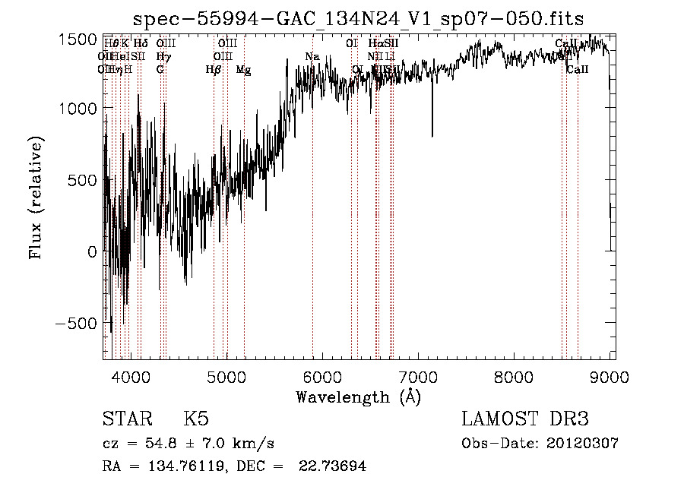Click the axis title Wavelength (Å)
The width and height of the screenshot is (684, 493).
tap(358, 397)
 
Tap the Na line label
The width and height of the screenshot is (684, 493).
tap(312, 57)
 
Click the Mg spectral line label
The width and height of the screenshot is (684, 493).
tap(243, 70)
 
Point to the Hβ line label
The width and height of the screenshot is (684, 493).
tap(214, 70)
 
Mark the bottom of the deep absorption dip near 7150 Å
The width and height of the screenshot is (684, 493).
tap(432, 136)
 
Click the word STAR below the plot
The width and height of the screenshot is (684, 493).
tap(126, 419)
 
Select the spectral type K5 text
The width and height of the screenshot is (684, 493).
tap(196, 419)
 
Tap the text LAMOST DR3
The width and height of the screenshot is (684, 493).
tap(525, 419)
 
